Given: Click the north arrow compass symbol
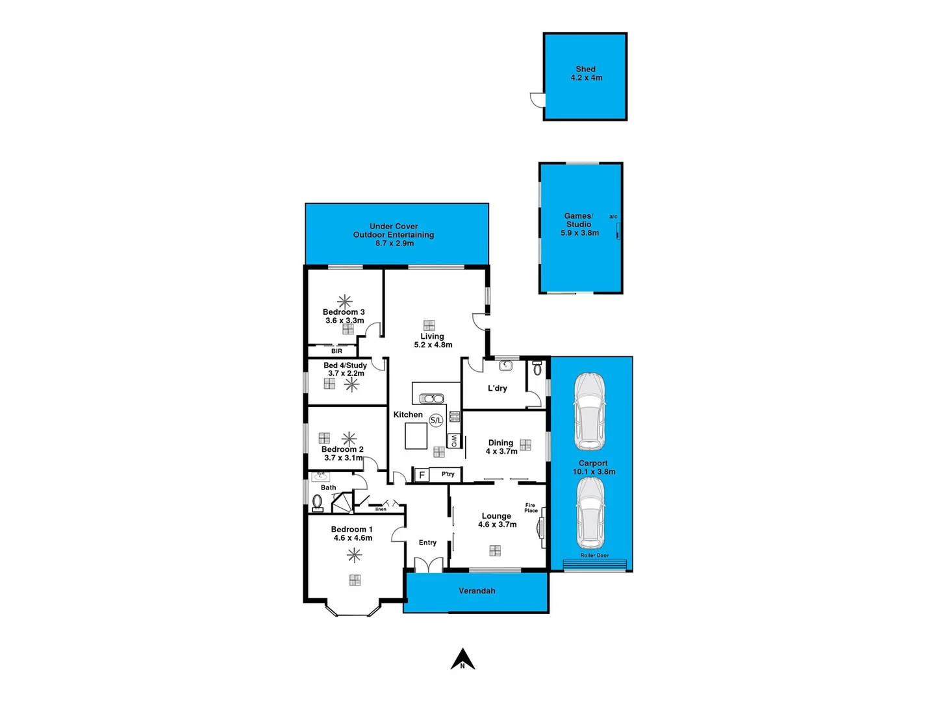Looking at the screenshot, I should pyautogui.click(x=462, y=659).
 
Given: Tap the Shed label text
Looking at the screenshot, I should pyautogui.click(x=585, y=69).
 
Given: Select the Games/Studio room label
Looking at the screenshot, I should pyautogui.click(x=578, y=220).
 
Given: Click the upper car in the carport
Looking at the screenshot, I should pyautogui.click(x=589, y=411).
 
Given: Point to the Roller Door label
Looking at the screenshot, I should pyautogui.click(x=594, y=556).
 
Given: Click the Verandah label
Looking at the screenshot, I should pyautogui.click(x=477, y=591).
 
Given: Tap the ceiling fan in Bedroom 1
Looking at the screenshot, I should pyautogui.click(x=354, y=555).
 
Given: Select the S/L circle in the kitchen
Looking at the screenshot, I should pyautogui.click(x=436, y=421).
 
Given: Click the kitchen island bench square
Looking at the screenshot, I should pyautogui.click(x=416, y=436).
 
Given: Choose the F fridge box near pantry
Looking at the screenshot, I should pyautogui.click(x=422, y=475).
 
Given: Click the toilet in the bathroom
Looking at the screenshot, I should pyautogui.click(x=318, y=502).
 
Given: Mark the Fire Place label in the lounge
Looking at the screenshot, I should pyautogui.click(x=531, y=508).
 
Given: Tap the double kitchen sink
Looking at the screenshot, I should pyautogui.click(x=431, y=399).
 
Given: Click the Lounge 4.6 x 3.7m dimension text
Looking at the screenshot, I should pyautogui.click(x=497, y=524).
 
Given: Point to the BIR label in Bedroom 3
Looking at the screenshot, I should pyautogui.click(x=336, y=351).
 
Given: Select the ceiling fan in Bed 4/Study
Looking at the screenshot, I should pyautogui.click(x=351, y=385).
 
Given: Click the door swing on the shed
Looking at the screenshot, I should pyautogui.click(x=537, y=99).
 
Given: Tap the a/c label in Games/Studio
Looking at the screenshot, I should pyautogui.click(x=613, y=216).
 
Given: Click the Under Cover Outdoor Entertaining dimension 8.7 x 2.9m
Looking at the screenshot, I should pyautogui.click(x=394, y=243).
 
